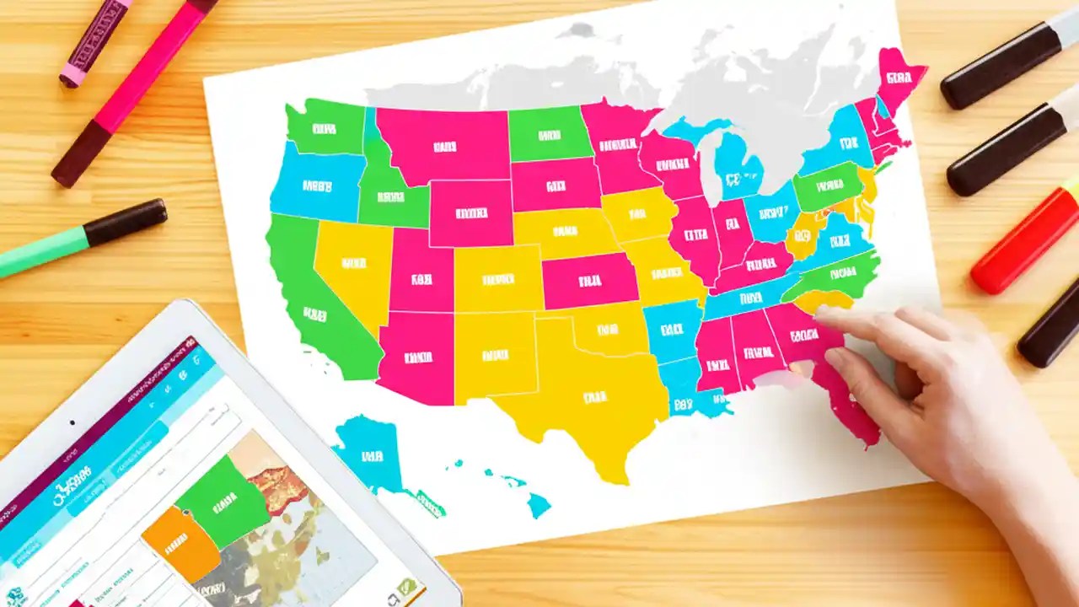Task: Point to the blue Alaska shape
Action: (368, 456)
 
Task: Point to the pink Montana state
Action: (444, 146)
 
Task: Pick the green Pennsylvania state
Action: (828, 186)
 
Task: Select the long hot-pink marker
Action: (135, 92)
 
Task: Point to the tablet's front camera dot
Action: (72, 422)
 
